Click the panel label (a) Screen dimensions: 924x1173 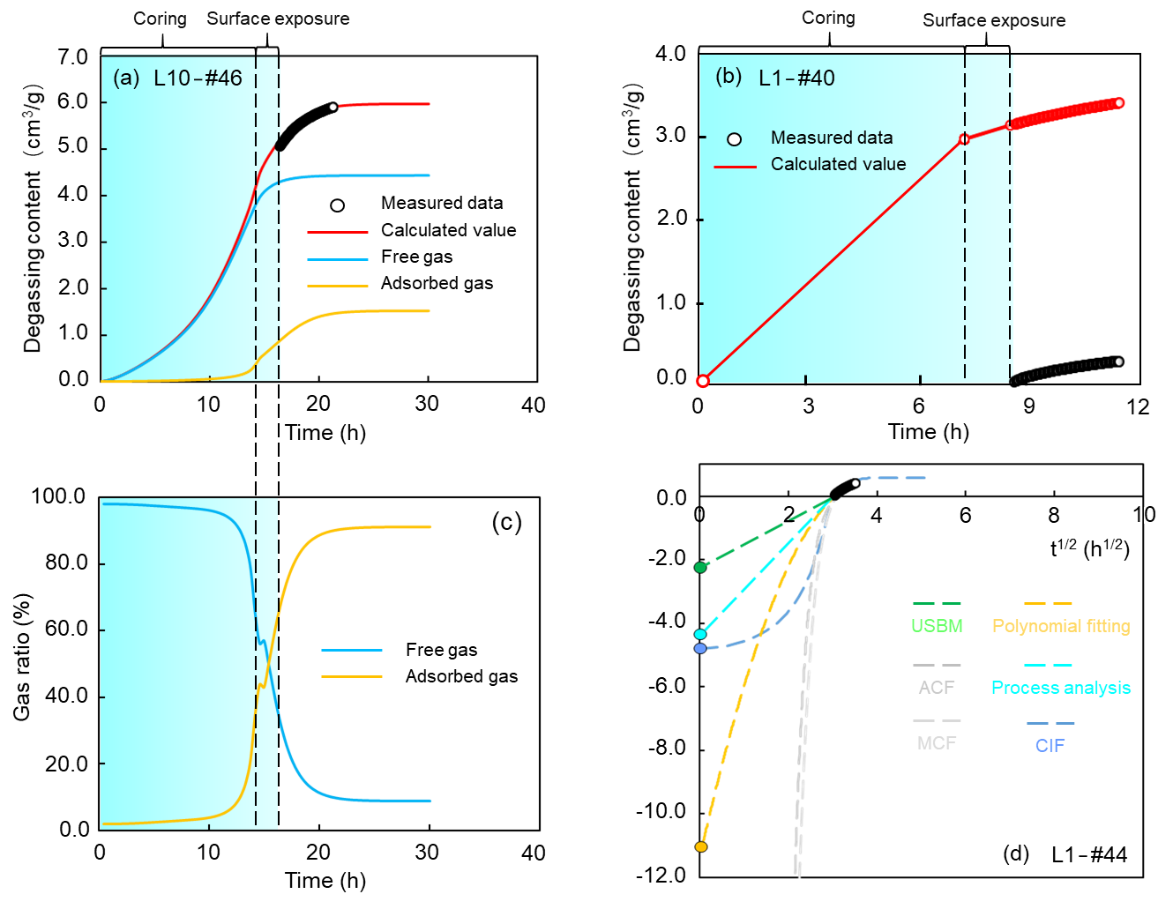click(126, 78)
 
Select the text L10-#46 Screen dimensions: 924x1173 click(198, 78)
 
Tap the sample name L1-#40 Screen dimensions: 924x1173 click(796, 78)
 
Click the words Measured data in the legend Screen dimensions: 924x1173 click(831, 138)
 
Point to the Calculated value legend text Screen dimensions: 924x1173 click(838, 164)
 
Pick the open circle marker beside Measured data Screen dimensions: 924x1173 click(734, 139)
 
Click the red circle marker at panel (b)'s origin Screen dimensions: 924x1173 click(703, 381)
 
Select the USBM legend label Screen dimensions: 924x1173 click(937, 626)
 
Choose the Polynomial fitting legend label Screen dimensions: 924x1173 click(1061, 626)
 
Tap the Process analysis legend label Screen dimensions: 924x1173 click(1061, 688)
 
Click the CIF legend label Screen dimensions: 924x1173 click(1050, 746)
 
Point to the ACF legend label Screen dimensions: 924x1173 click(937, 688)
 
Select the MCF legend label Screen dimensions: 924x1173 click(937, 743)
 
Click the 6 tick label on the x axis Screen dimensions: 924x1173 click(965, 515)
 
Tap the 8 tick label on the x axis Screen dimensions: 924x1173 click(1053, 515)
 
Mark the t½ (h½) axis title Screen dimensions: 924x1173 click(1088, 549)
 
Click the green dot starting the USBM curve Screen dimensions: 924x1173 click(700, 567)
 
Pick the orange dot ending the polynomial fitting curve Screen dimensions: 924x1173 click(701, 846)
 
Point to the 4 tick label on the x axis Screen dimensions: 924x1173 click(876, 515)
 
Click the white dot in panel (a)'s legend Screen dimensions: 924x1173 click(337, 205)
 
